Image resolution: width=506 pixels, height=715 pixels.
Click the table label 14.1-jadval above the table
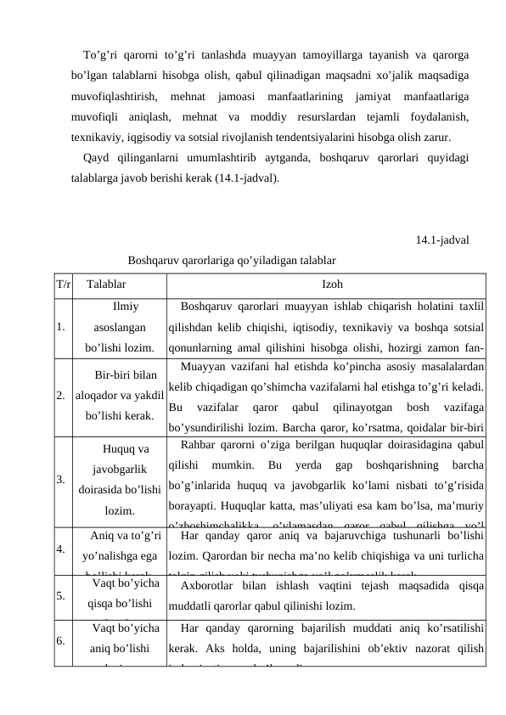point(443,240)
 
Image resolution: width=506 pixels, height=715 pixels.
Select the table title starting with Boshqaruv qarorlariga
point(231,259)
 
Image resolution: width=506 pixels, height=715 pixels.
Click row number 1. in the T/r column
point(60,326)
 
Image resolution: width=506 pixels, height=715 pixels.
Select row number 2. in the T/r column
point(60,396)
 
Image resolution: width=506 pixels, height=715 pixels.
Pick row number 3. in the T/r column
point(60,479)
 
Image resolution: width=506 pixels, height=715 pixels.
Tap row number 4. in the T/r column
point(60,548)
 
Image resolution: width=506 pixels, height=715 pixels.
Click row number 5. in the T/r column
point(60,595)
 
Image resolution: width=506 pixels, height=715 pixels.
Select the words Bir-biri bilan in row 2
point(125,375)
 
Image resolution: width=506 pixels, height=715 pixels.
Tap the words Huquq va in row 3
point(126,449)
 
